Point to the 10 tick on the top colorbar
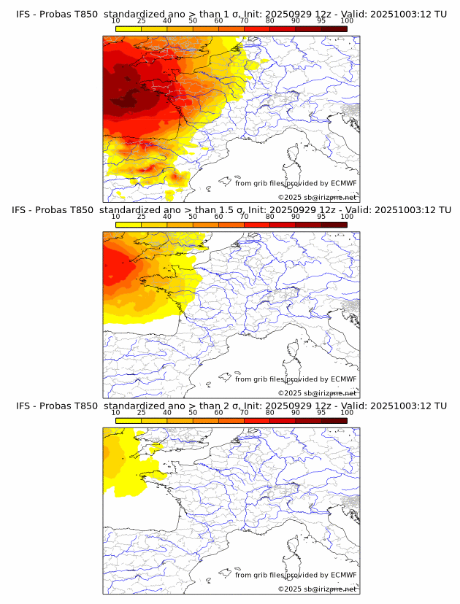tap(116, 20)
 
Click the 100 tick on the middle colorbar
tap(347, 216)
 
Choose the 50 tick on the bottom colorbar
tap(193, 412)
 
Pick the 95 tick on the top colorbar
tap(321, 20)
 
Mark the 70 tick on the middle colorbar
tap(245, 216)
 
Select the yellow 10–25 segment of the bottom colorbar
tap(129, 420)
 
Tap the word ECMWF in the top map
tap(343, 183)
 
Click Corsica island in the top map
tap(293, 154)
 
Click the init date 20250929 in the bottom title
tap(291, 406)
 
